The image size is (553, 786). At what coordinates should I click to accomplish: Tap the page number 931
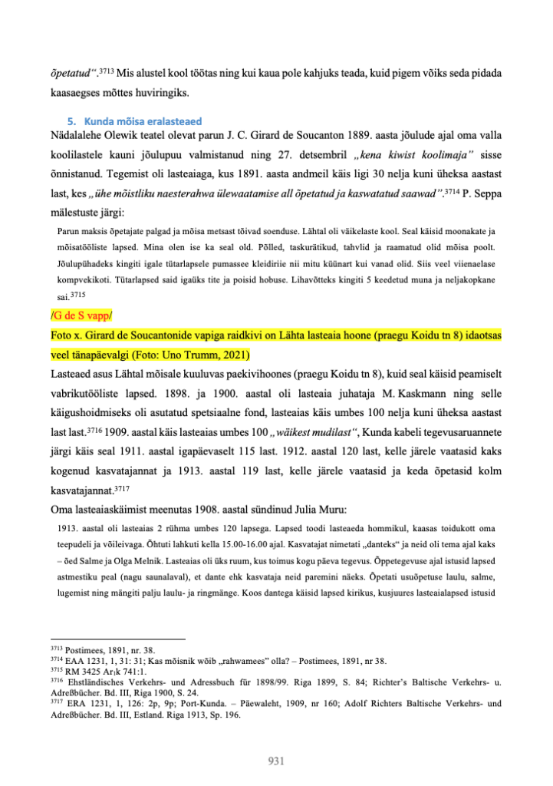click(276, 760)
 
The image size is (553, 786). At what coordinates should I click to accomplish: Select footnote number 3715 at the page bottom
click(54, 669)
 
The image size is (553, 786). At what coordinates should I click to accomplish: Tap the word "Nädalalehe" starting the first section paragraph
click(77, 137)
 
